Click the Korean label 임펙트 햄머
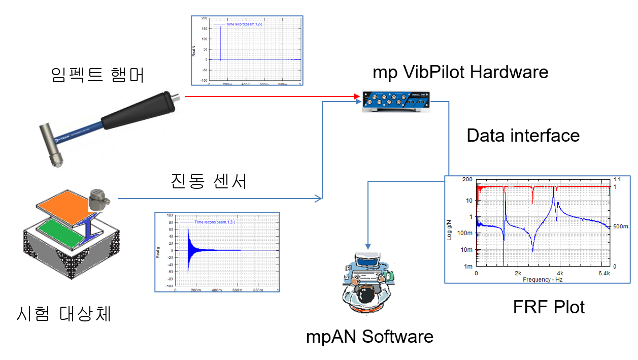pos(98,75)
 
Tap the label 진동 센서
pos(209,180)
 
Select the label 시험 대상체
pos(64,314)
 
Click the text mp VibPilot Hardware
pos(460,72)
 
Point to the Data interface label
pos(523,136)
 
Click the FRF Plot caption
pos(549,307)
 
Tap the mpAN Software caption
pos(370,336)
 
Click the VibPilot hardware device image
pos(396,101)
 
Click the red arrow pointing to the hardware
pos(269,96)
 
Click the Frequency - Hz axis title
pos(540,279)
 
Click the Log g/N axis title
pos(449,228)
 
